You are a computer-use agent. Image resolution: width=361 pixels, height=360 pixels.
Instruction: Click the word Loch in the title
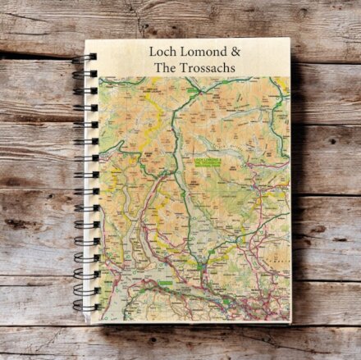tap(162, 50)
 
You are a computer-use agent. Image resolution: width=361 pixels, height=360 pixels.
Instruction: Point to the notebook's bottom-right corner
tap(290, 321)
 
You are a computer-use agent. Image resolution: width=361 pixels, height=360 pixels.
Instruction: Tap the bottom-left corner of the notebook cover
tap(95, 323)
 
